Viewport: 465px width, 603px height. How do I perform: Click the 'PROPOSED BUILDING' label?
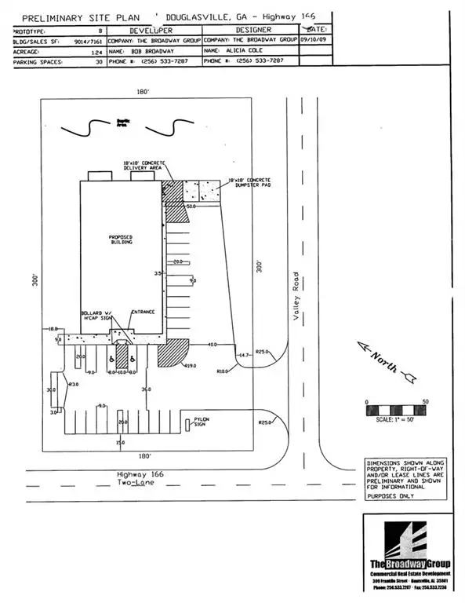point(122,240)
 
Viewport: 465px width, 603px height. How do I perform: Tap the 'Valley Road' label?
point(296,297)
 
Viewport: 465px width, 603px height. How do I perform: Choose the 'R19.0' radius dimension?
point(189,365)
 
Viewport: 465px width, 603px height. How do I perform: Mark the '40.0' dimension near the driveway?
point(213,344)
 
